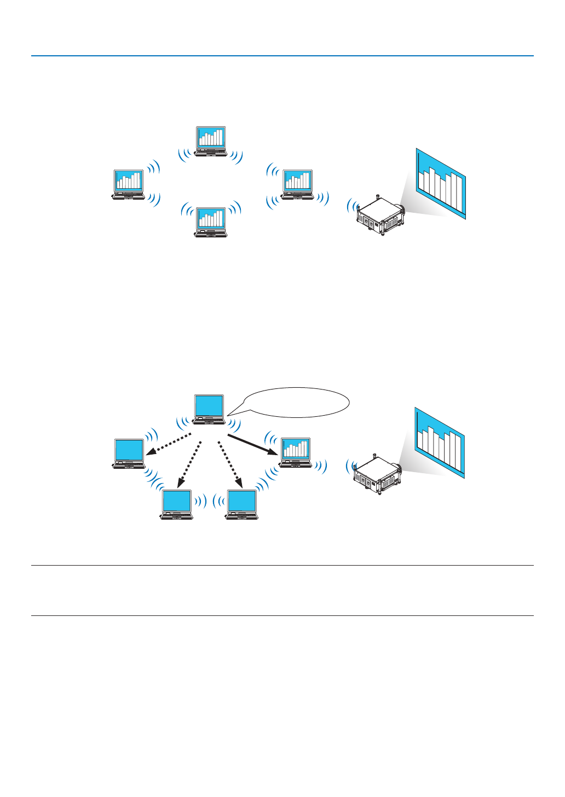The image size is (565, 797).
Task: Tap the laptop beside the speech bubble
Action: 209,409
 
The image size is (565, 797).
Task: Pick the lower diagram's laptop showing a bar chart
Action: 296,452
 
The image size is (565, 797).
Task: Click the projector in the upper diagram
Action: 379,215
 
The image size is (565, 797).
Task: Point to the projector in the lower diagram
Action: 377,474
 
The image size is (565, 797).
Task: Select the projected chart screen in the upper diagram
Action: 441,184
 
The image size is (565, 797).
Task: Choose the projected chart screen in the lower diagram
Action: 440,443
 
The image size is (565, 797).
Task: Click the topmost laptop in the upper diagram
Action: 211,142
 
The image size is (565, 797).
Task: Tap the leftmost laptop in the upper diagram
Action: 129,184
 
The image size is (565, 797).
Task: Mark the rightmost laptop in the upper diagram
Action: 297,184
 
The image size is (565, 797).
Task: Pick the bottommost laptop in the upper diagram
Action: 211,222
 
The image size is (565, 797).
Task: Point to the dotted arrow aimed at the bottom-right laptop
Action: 230,464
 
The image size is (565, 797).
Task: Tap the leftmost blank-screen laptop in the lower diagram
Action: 129,453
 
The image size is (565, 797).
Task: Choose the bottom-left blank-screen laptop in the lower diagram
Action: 176,504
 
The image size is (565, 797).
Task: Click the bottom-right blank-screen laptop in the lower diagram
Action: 242,504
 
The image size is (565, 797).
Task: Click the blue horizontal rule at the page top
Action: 282,56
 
